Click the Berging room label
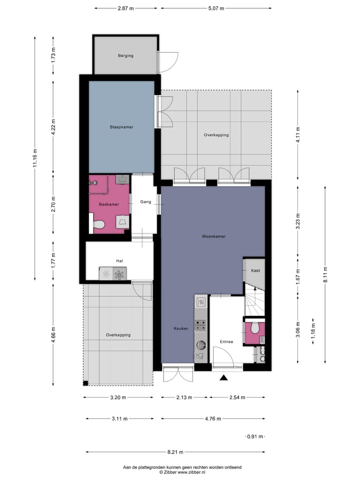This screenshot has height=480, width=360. pyautogui.click(x=125, y=55)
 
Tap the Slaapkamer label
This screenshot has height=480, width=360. pyautogui.click(x=121, y=127)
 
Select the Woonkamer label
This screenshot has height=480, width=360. pyautogui.click(x=213, y=235)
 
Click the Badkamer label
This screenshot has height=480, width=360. pyautogui.click(x=108, y=204)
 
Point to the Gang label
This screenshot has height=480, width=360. pyautogui.click(x=145, y=202)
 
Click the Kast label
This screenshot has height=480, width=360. pyautogui.click(x=255, y=270)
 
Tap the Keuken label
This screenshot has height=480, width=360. pyautogui.click(x=180, y=328)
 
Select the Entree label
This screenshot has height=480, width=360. pyautogui.click(x=226, y=342)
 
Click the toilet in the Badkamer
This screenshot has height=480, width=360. pyautogui.click(x=99, y=225)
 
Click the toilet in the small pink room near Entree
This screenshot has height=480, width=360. pyautogui.click(x=255, y=327)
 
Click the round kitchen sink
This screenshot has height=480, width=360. pyautogui.click(x=201, y=344)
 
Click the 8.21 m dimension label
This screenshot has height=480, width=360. pyautogui.click(x=175, y=452)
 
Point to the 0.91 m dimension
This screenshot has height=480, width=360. pyautogui.click(x=254, y=436)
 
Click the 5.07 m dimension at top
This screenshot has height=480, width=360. pyautogui.click(x=216, y=8)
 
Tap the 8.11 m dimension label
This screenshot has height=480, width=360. pyautogui.click(x=326, y=274)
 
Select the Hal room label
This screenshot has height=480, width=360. pyautogui.click(x=119, y=260)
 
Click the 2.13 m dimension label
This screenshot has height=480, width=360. pyautogui.click(x=184, y=397)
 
